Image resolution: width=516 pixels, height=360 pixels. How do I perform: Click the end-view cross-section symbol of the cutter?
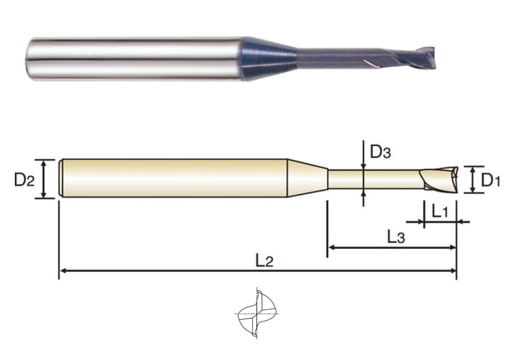(x=257, y=314)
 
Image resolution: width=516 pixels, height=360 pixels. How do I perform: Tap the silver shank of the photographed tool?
(x=135, y=58)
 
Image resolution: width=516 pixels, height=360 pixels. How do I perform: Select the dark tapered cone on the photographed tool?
(x=270, y=58)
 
